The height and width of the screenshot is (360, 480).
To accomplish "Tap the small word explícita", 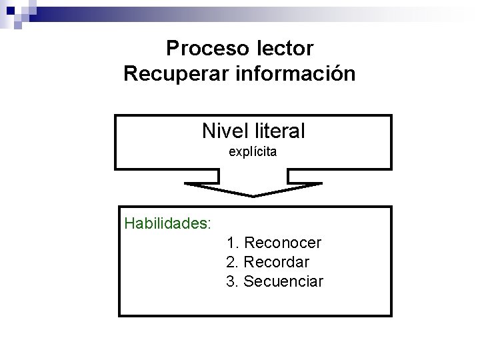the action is click(253, 152).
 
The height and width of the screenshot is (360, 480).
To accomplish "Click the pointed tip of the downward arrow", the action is click(253, 195).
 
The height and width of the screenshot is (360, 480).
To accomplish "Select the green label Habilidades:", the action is click(168, 222).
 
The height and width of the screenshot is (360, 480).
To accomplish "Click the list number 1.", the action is click(230, 242).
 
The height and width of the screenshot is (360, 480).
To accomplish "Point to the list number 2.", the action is click(231, 262).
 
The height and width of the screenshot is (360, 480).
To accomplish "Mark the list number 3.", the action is click(231, 281).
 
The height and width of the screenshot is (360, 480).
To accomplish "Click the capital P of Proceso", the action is click(173, 49).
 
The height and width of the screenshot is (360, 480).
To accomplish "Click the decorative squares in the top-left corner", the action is click(16, 11).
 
